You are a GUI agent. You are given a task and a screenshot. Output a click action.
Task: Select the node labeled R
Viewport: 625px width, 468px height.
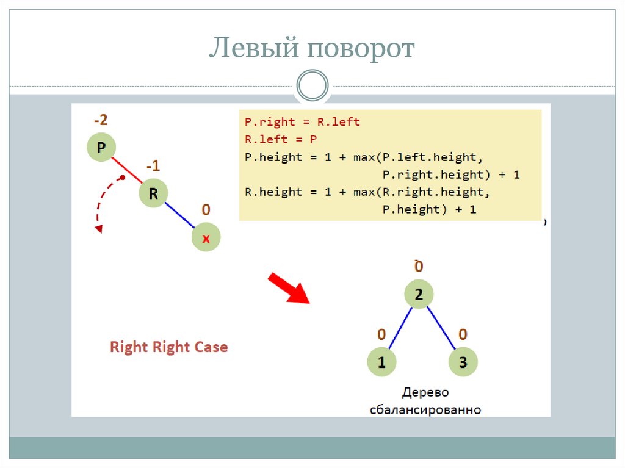[153, 194]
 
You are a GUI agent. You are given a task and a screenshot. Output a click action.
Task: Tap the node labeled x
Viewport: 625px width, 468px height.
[206, 239]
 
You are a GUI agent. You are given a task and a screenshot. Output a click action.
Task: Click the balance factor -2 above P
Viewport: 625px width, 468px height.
[101, 120]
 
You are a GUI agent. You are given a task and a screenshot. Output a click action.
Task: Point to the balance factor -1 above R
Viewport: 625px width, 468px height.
[153, 167]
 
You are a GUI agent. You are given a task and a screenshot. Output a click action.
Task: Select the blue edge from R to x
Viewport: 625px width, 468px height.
[179, 216]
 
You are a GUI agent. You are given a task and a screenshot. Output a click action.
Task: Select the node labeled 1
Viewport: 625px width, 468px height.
[381, 362]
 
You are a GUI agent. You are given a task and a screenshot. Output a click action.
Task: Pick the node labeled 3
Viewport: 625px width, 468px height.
[463, 362]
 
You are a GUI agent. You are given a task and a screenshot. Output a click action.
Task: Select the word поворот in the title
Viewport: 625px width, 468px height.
[361, 49]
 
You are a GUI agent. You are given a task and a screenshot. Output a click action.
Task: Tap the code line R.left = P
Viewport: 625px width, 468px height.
[281, 139]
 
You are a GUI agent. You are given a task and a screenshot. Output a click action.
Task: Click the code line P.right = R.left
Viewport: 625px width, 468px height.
[302, 122]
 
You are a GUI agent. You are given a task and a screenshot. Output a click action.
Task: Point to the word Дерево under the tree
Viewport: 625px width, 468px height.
[425, 392]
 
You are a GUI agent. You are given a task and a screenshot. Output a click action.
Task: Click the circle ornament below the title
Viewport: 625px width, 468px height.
[312, 85]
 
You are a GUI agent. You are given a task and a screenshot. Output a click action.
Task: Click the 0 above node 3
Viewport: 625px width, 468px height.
[463, 334]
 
